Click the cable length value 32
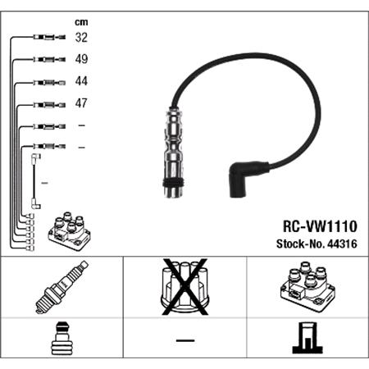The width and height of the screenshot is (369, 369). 82,37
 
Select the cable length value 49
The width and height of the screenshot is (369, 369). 82,59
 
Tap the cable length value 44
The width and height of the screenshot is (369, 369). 82,81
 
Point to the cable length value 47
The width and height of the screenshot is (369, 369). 82,103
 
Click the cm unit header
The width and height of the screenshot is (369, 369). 80,22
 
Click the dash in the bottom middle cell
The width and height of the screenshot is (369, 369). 184,339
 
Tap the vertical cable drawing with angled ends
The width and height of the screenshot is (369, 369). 34,180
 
